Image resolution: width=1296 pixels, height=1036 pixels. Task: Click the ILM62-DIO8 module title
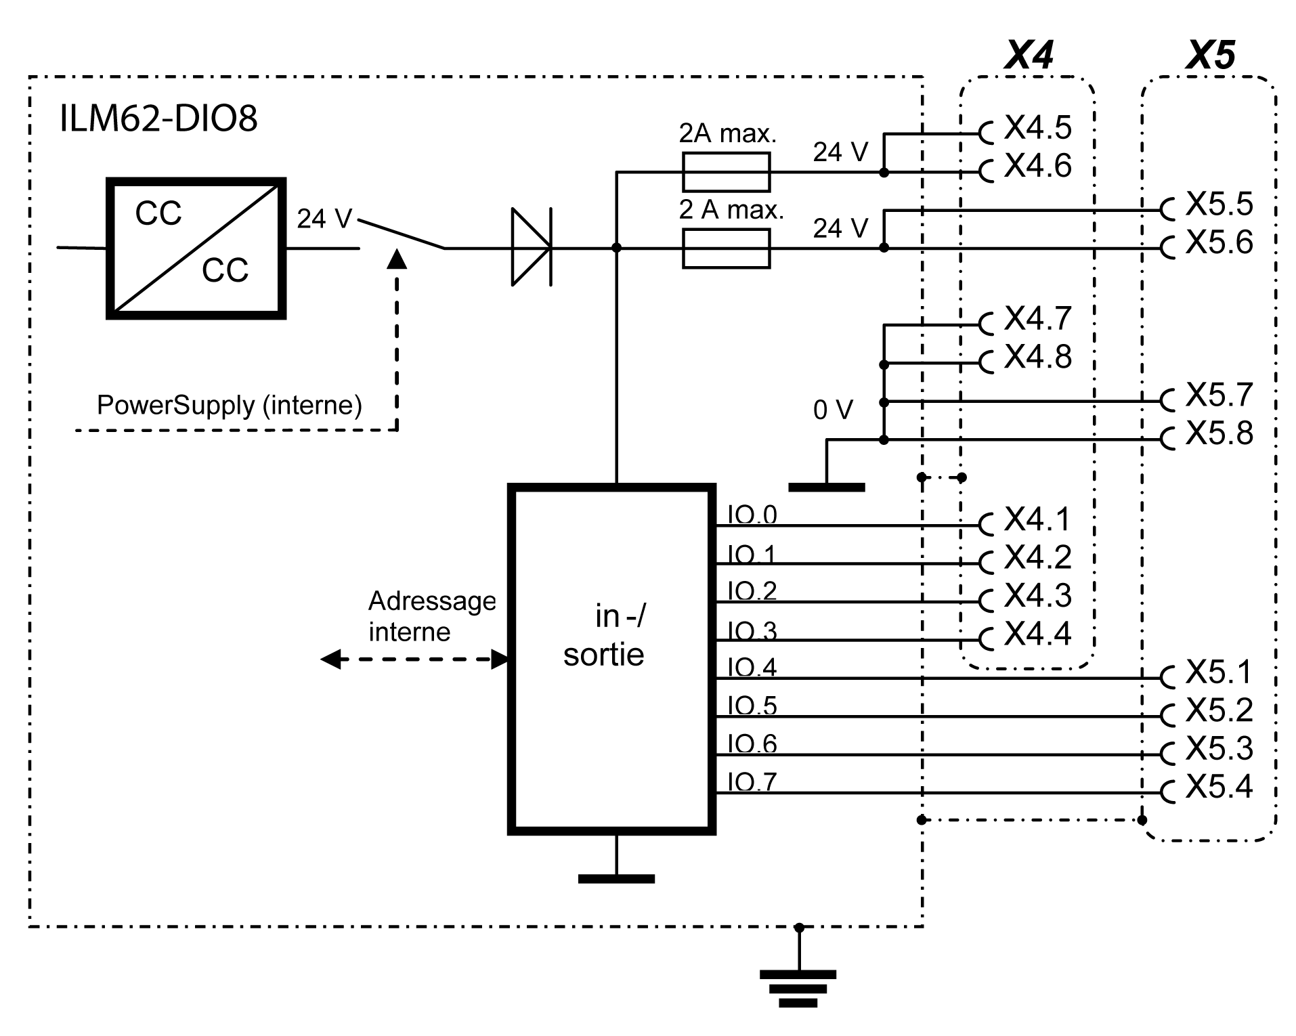(x=158, y=118)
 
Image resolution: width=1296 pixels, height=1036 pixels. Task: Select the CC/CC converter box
(x=196, y=249)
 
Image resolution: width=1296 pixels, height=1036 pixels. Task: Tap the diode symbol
(x=532, y=247)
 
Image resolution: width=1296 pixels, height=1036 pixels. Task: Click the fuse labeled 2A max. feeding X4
(x=726, y=172)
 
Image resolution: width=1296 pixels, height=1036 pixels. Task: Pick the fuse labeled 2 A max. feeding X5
(x=726, y=249)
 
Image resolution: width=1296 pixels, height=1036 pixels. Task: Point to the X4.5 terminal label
(x=1037, y=127)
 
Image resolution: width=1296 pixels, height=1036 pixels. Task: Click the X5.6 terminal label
(x=1219, y=242)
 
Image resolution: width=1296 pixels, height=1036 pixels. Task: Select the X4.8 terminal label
(x=1037, y=357)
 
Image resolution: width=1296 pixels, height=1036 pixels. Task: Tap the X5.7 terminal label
(x=1219, y=395)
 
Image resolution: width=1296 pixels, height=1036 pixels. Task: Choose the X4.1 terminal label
(x=1037, y=519)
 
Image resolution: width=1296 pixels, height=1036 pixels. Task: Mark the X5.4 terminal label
(x=1219, y=787)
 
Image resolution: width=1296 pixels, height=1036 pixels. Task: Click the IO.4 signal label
(x=752, y=668)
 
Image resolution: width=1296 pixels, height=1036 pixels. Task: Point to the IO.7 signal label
(x=752, y=782)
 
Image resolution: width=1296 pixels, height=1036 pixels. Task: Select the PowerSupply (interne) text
(x=229, y=405)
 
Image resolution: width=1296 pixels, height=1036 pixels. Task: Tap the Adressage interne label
(x=431, y=616)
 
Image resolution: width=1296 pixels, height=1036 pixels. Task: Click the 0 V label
(x=833, y=410)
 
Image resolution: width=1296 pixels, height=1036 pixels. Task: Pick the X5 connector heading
(x=1210, y=56)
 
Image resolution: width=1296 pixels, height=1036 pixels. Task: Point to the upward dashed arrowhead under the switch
(x=397, y=259)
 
